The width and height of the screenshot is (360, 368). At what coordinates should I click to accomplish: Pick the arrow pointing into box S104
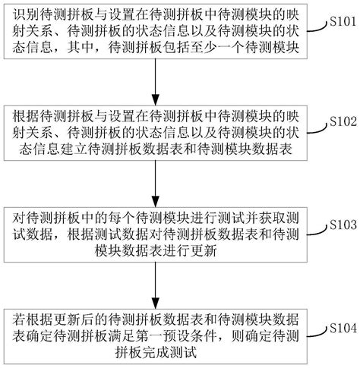pos(155,288)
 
